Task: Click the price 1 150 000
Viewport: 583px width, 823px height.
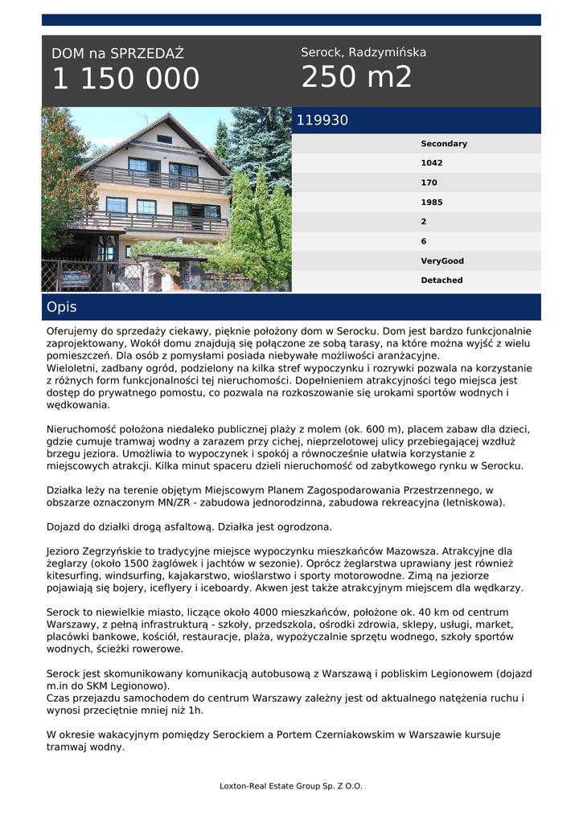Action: click(x=125, y=80)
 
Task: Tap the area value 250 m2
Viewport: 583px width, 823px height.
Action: click(x=356, y=78)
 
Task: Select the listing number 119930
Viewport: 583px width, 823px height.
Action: click(x=322, y=121)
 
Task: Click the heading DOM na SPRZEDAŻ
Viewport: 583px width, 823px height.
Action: click(x=117, y=54)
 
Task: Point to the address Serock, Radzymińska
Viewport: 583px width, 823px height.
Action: click(x=363, y=52)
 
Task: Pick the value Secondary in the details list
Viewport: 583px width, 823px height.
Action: click(x=444, y=144)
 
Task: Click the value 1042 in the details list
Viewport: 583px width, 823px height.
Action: click(x=432, y=163)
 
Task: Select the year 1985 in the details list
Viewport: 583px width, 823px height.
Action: click(x=432, y=203)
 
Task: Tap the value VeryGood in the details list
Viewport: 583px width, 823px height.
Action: click(x=442, y=261)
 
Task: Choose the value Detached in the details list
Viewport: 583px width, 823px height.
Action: click(x=441, y=280)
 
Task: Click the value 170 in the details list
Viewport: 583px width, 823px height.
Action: click(x=429, y=182)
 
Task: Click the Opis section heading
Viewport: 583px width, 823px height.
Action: click(x=62, y=307)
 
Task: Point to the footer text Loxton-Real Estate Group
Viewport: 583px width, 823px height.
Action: click(x=291, y=786)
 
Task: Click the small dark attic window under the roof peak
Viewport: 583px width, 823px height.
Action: click(x=165, y=139)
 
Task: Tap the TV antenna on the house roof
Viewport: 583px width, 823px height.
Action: click(x=143, y=118)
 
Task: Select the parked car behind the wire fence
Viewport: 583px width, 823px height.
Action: click(x=74, y=277)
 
